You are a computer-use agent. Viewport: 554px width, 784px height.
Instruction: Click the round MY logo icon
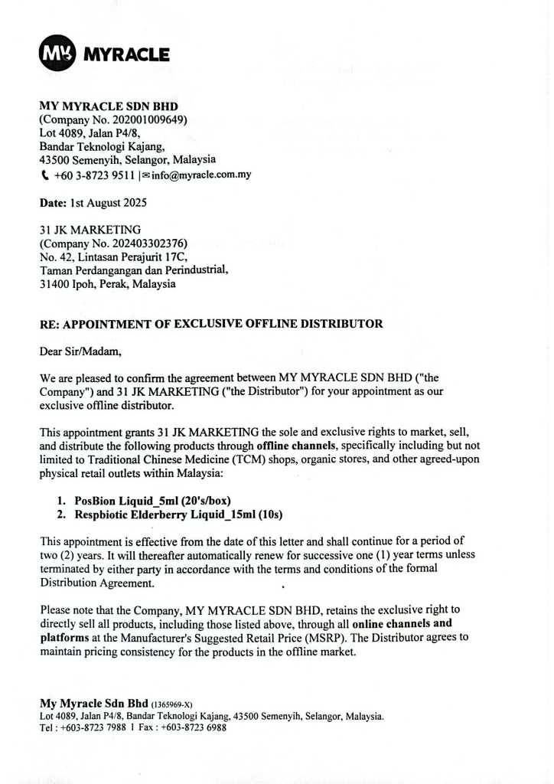57,54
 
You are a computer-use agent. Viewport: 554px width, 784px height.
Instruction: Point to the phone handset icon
44,175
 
